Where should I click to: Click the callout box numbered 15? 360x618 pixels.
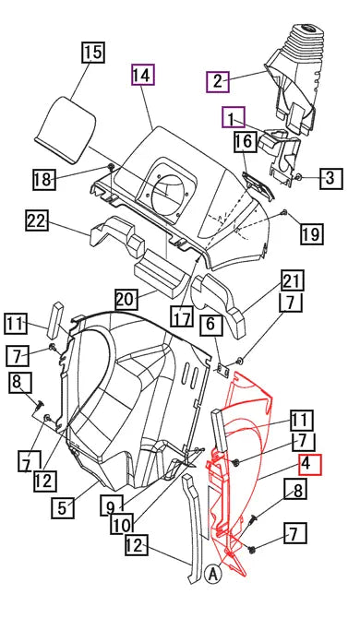tap(93, 52)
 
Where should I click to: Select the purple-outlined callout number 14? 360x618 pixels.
tap(143, 74)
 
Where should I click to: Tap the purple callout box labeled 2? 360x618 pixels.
tap(217, 81)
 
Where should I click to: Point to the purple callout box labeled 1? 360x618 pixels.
tap(233, 117)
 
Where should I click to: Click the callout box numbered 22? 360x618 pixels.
tap(36, 221)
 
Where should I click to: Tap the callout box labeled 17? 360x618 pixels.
tap(183, 317)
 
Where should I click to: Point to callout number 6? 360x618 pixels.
tap(210, 324)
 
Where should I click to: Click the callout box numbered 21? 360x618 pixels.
tap(292, 280)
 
